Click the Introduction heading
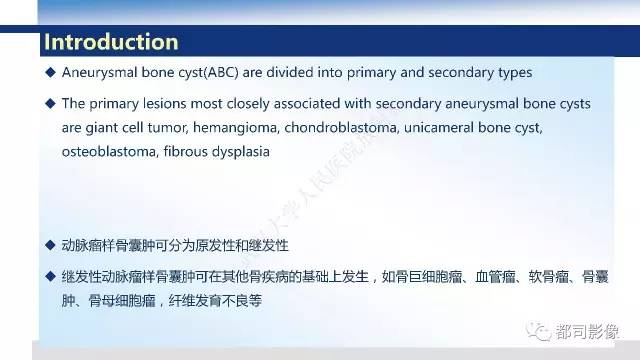coord(111,42)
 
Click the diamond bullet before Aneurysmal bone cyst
coord(51,73)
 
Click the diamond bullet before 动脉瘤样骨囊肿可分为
coord(51,245)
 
